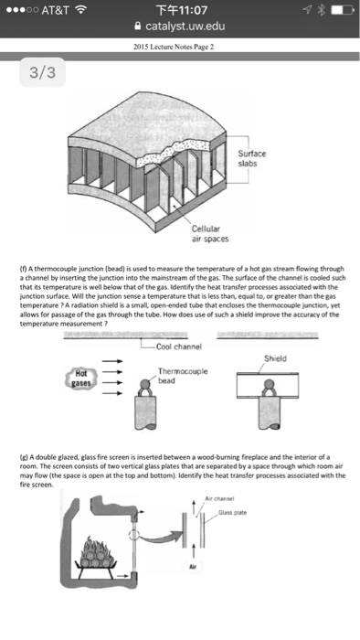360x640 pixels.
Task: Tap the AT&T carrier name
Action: (x=43, y=12)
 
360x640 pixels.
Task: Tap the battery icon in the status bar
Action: (x=339, y=12)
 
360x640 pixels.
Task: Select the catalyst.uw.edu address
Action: (x=185, y=28)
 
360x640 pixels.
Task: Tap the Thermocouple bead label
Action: (x=183, y=374)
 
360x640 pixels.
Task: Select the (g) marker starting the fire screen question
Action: (x=67, y=455)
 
